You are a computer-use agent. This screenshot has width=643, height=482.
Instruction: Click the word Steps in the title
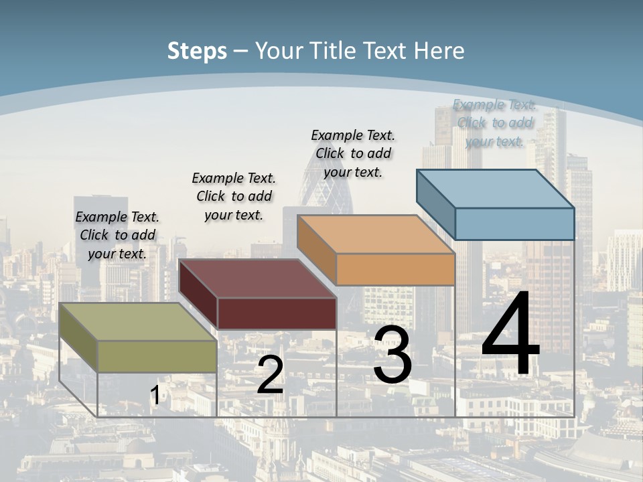tap(197, 52)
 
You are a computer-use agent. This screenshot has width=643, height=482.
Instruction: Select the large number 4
tap(510, 335)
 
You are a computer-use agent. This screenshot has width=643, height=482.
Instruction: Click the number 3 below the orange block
tap(392, 355)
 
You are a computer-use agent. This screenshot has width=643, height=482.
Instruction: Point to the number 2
tap(270, 376)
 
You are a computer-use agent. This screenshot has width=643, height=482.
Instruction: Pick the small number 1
tap(155, 396)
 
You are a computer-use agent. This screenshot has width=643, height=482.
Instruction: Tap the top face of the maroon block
tap(258, 278)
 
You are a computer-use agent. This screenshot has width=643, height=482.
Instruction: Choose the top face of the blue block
tap(496, 189)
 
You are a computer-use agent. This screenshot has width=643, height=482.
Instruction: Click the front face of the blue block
tap(514, 224)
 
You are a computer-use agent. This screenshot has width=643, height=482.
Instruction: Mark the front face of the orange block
tap(395, 270)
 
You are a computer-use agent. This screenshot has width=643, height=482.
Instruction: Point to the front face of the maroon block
tap(277, 313)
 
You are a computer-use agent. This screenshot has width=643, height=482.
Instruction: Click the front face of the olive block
tap(157, 356)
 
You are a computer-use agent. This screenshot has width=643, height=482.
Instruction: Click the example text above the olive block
tap(117, 235)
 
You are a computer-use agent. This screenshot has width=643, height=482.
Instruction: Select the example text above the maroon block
tap(234, 196)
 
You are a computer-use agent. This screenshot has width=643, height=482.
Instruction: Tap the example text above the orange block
tap(353, 153)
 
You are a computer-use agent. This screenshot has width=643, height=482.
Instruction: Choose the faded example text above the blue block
tap(494, 123)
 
